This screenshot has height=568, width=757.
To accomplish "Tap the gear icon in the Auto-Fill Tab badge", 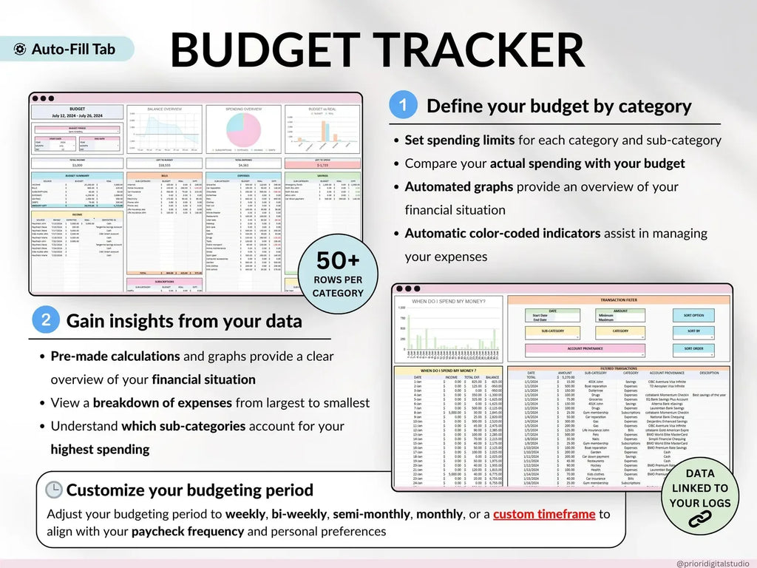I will [21, 50].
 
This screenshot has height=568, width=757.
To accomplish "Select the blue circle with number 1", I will [402, 105].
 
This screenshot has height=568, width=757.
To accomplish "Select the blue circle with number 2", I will [46, 319].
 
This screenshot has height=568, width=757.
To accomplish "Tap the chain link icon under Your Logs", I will [699, 519].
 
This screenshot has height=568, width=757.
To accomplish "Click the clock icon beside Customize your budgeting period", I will [54, 490].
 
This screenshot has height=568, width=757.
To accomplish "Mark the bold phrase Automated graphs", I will [458, 187].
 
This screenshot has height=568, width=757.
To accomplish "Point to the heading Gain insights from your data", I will [184, 321].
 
